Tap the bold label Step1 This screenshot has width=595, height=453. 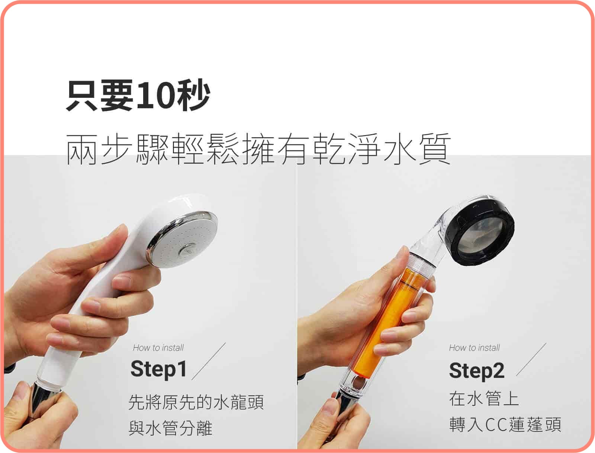point(158,369)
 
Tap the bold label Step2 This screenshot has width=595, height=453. point(477,370)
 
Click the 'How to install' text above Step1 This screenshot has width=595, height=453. point(158,348)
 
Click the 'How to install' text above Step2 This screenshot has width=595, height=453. point(475,348)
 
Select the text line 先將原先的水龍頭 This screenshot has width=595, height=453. point(196,402)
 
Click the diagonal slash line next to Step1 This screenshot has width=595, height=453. point(209,362)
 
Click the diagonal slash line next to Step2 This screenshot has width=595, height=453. point(531,360)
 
